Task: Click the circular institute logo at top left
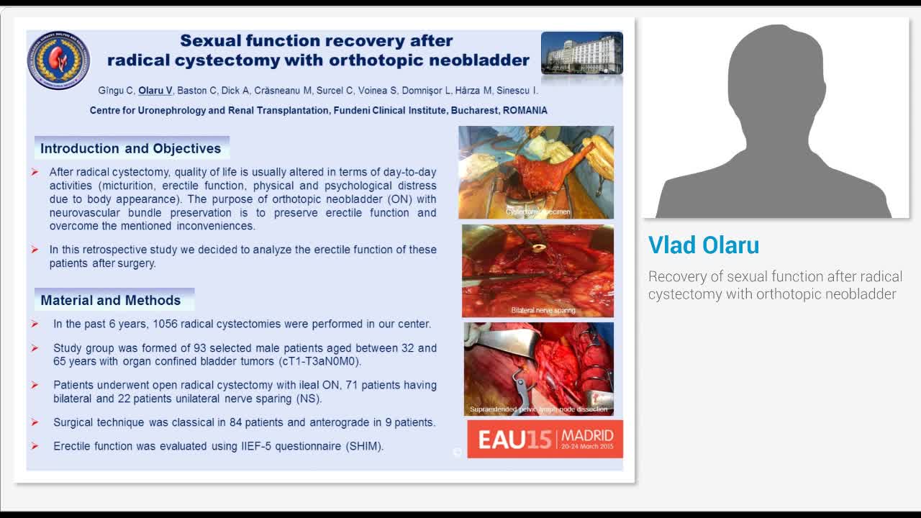click(x=58, y=60)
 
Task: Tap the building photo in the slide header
click(x=581, y=53)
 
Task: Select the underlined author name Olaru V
click(x=155, y=91)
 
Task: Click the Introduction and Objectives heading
click(x=131, y=148)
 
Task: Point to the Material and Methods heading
click(x=111, y=300)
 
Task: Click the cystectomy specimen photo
click(x=536, y=172)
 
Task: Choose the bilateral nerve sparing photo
click(x=537, y=271)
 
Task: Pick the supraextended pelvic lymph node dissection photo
click(x=538, y=368)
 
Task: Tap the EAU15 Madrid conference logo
click(x=545, y=439)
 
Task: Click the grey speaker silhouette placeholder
click(x=774, y=118)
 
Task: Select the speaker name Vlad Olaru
click(x=703, y=245)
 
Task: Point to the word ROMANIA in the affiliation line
click(x=525, y=111)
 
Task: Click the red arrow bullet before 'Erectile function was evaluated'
click(x=35, y=446)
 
